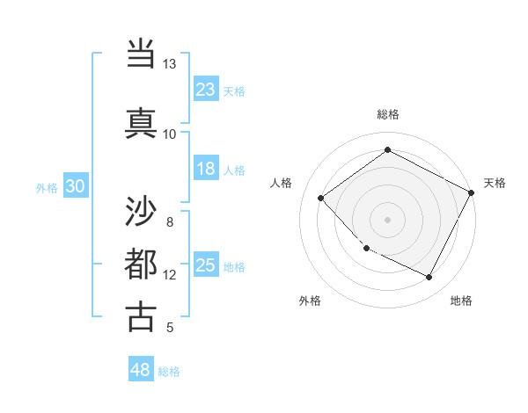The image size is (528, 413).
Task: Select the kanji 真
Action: pos(141,123)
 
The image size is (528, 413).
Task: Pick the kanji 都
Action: pos(141,264)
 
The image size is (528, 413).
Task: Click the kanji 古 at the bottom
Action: pos(141,316)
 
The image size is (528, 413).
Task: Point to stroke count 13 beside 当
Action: pos(170,64)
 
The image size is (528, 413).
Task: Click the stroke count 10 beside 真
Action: pos(170,134)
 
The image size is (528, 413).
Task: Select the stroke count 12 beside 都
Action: pos(170,275)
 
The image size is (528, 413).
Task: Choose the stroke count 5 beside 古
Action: pos(170,328)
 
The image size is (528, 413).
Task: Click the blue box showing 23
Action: pos(205,89)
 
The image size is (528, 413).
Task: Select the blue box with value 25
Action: pos(205,264)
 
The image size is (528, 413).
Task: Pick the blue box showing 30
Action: pos(75,185)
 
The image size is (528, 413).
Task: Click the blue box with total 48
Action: pos(141,370)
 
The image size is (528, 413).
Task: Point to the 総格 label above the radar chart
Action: pos(387,114)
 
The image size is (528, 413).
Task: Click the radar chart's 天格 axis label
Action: pos(495,183)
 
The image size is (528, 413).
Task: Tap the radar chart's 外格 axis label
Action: pos(310,301)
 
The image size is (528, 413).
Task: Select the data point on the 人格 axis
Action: pos(321,198)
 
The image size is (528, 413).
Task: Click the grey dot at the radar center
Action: pos(387,219)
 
